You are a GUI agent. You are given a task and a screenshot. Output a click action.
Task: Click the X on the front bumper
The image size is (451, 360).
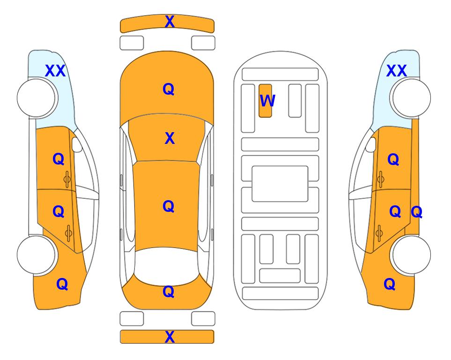coord(170,22)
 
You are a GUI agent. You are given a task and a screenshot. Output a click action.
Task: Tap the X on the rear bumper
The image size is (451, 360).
coord(170,337)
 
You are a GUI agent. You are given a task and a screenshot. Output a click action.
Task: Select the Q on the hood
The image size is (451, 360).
coord(169,89)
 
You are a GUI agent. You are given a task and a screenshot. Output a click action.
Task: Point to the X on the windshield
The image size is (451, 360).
coord(170,138)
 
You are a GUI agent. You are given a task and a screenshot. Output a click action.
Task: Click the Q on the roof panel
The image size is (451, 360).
coord(169,207)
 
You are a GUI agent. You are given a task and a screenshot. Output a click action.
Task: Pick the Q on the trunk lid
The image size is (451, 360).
coord(169,292)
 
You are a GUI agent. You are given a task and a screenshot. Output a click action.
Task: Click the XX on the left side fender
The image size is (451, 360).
coord(56,71)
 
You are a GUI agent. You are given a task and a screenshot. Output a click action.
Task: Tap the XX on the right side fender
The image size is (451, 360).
coord(397,71)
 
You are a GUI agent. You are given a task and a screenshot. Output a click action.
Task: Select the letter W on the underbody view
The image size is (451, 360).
coord(267,101)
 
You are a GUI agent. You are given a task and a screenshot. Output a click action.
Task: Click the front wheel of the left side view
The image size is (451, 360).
coord(36,98)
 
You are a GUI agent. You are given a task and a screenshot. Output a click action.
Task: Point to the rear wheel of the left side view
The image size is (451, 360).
coord(36,255)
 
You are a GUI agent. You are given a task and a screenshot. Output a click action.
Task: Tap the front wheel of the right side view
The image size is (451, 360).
coord(412,98)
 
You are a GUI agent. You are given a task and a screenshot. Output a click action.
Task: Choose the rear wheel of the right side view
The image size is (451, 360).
coord(412,255)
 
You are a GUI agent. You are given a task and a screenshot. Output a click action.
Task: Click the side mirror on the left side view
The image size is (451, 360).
coord(77,144)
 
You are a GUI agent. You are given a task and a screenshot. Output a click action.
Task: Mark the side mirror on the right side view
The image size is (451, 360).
coord(371,144)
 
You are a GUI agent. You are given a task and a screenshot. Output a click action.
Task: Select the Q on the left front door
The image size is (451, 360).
coord(59,159)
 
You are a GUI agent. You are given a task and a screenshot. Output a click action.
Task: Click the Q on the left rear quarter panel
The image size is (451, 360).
coord(62,285)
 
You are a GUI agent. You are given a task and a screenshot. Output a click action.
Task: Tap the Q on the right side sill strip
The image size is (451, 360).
coord(416,212)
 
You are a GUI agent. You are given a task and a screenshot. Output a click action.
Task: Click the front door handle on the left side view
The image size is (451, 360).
coord(67,180)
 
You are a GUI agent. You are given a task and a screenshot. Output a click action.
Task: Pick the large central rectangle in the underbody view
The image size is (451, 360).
coord(280,184)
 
